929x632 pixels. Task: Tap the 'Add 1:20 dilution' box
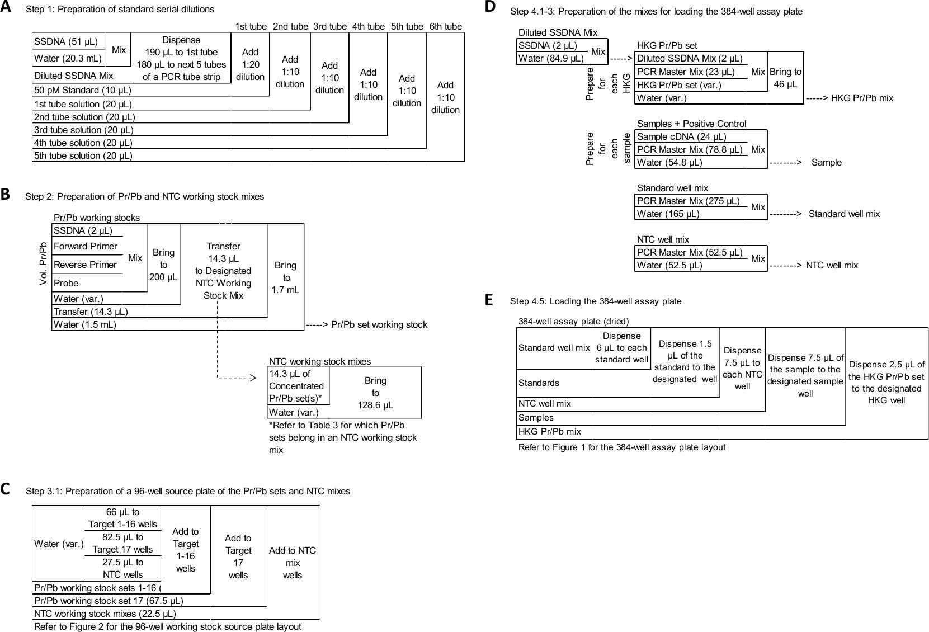tap(250, 64)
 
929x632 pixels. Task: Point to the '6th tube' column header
tap(445, 26)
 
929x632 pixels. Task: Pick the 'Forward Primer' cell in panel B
tap(86, 246)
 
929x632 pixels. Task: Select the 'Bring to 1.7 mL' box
tap(285, 277)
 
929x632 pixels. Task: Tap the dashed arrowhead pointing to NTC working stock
tap(252, 378)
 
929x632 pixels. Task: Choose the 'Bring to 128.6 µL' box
tap(375, 392)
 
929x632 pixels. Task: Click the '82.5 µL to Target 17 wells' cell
tap(122, 543)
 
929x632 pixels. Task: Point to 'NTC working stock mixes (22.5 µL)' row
tap(105, 614)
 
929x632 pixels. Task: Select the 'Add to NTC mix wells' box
tap(293, 563)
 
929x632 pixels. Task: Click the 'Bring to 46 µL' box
tap(785, 78)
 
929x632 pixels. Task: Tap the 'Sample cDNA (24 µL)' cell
tap(681, 136)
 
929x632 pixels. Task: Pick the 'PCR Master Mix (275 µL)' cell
tap(688, 201)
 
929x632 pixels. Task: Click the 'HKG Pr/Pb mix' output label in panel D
tap(862, 98)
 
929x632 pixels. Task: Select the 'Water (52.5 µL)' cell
tap(669, 265)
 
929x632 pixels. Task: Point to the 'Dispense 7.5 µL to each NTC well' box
tap(742, 368)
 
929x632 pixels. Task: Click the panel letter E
tap(489, 300)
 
